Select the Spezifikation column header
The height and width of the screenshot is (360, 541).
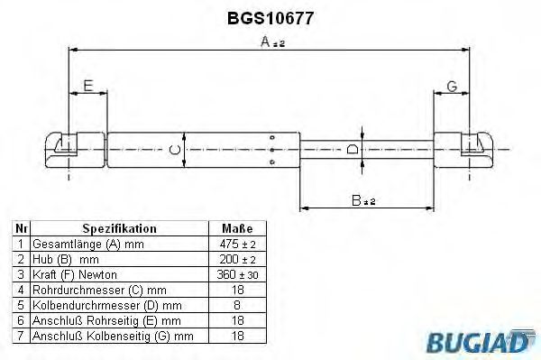click(119, 229)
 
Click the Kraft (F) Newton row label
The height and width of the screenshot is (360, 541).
click(75, 274)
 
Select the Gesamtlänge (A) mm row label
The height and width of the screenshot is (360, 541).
click(87, 245)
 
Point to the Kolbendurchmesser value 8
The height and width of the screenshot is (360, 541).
click(236, 305)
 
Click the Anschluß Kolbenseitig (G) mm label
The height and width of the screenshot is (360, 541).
click(113, 336)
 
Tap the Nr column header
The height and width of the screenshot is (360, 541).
click(21, 229)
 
